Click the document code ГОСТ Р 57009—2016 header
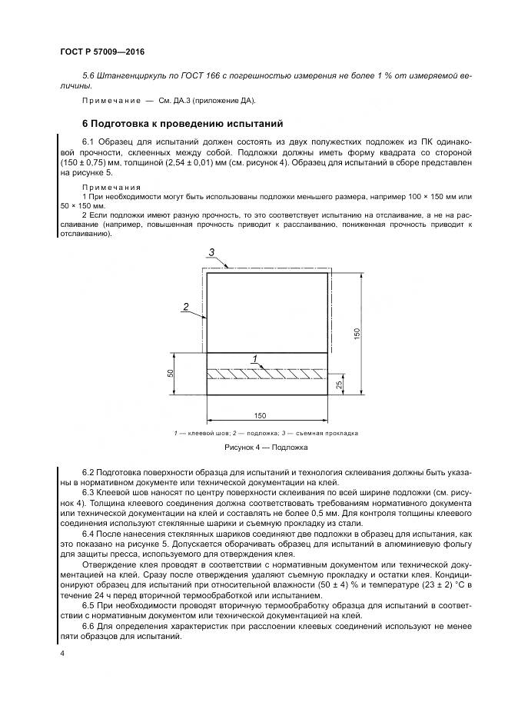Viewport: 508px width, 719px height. click(101, 52)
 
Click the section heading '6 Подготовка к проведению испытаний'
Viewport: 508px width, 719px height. click(183, 123)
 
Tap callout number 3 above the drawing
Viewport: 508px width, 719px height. click(212, 252)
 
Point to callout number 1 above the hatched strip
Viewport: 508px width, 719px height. click(255, 358)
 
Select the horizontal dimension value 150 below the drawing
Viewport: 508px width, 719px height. click(260, 415)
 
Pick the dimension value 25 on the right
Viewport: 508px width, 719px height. click(340, 384)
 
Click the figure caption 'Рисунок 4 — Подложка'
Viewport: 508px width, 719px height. click(265, 447)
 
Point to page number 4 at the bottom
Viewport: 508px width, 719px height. click(61, 653)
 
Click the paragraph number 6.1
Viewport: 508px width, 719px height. click(88, 142)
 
